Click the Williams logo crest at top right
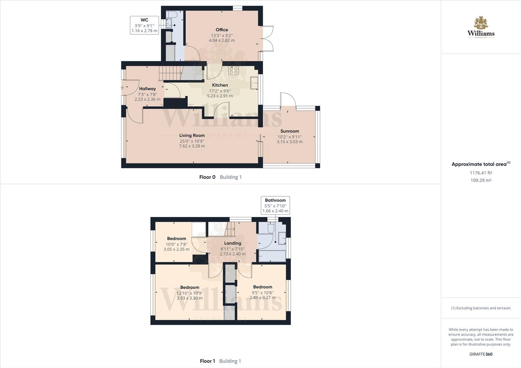pos(481,23)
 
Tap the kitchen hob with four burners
pos(234,71)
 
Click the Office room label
pos(222,30)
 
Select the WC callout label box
pos(144,25)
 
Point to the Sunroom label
pos(289,131)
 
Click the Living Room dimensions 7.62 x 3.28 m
pos(192,146)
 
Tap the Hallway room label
pos(147,89)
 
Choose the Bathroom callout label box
pos(275,205)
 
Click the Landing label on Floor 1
pos(233,243)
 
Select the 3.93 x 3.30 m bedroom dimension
pos(190,298)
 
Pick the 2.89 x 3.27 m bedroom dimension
pos(263,297)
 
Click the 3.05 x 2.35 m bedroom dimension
pos(176,249)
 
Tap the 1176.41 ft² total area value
pos(481,173)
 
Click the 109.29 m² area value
pos(481,181)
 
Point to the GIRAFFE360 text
pos(481,354)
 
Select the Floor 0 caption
pos(207,177)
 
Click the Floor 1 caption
pos(207,361)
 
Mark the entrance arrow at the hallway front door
pos(122,88)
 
